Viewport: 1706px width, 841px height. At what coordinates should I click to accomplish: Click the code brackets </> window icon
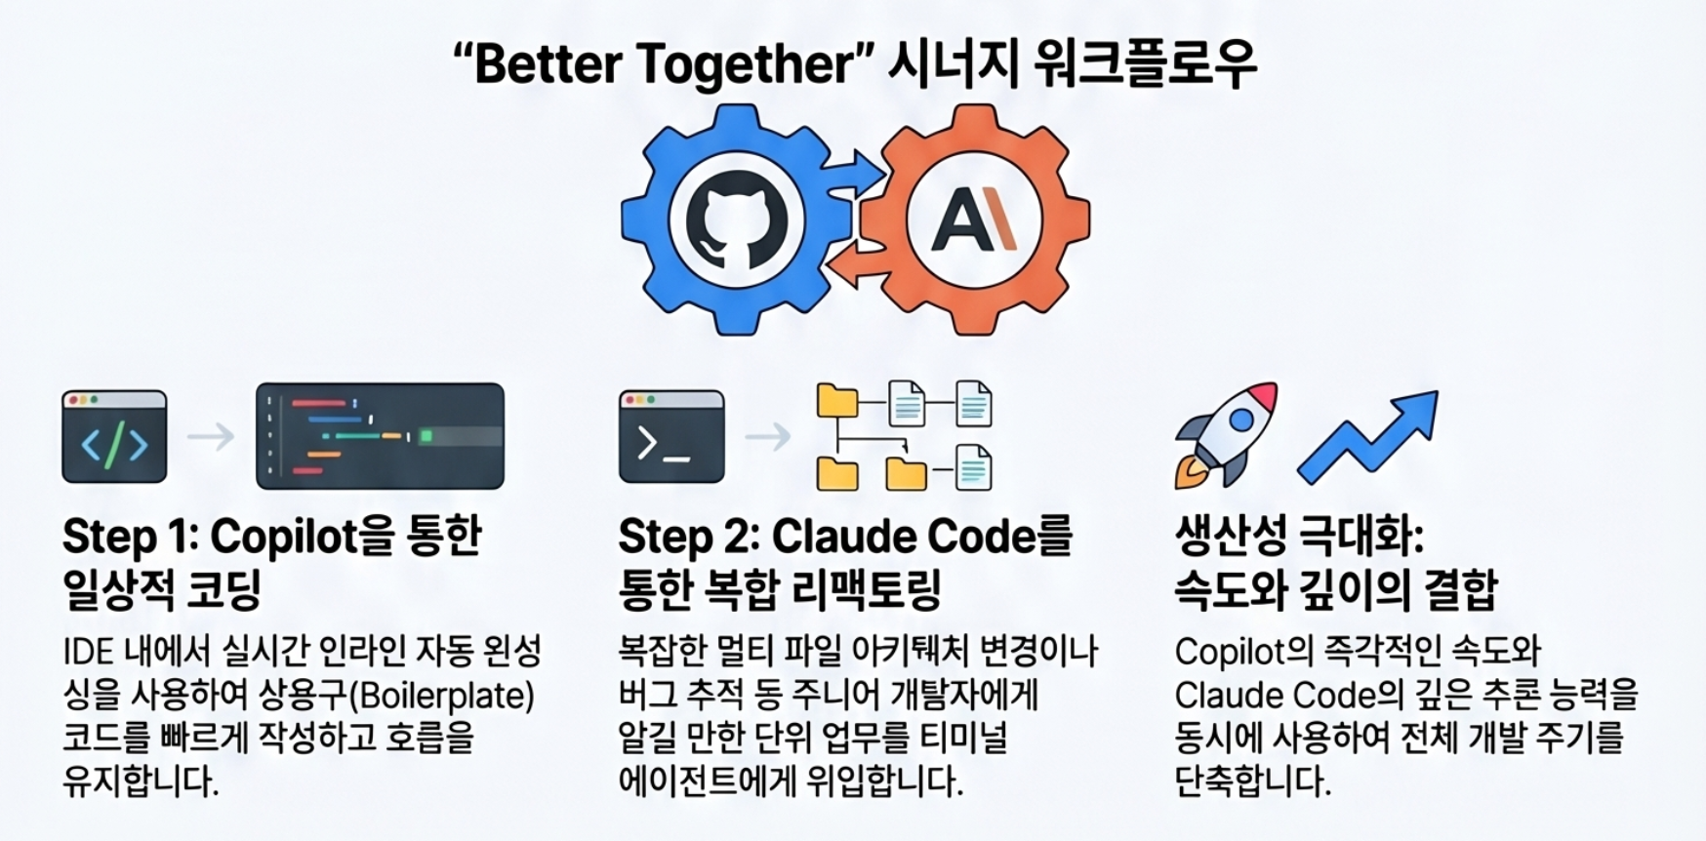[x=114, y=437]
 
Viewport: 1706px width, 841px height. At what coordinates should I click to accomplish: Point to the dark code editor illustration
[x=380, y=436]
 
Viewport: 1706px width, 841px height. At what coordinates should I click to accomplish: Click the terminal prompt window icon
[x=671, y=437]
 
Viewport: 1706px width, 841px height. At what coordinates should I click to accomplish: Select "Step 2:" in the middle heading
[x=687, y=537]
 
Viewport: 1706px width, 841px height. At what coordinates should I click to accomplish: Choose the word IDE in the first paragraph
[x=88, y=652]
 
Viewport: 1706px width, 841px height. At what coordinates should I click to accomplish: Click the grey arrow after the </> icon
[x=211, y=436]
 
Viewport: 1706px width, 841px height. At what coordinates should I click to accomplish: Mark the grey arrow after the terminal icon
[x=768, y=436]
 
